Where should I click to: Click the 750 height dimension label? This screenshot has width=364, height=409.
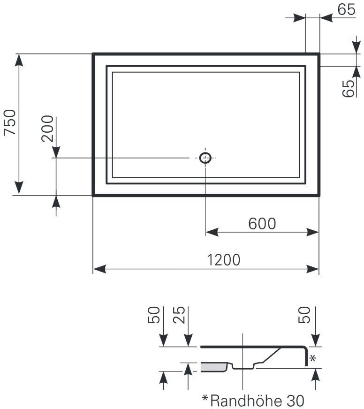coord(10,122)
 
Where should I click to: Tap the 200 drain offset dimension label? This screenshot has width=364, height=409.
coord(47,129)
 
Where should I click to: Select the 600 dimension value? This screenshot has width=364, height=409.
coord(262,224)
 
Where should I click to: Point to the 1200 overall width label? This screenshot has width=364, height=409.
coord(224,260)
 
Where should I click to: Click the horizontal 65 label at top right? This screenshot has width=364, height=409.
coord(346,9)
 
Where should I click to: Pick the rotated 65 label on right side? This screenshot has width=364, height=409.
coord(349,89)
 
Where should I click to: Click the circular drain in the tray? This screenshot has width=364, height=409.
coord(205,158)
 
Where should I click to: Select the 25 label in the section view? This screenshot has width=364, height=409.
coord(179,315)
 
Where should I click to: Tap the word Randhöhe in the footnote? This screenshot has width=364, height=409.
coord(246,401)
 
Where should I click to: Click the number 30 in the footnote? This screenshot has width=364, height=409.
coord(295,401)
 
